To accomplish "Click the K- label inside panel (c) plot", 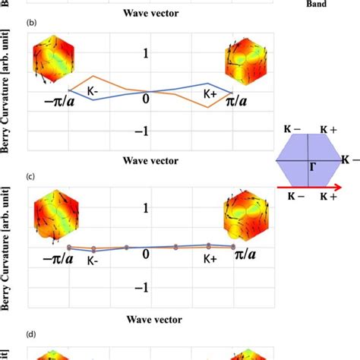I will tap(92, 261).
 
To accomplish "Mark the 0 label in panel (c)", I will tap(145, 256).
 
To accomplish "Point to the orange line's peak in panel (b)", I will tap(92, 76).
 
